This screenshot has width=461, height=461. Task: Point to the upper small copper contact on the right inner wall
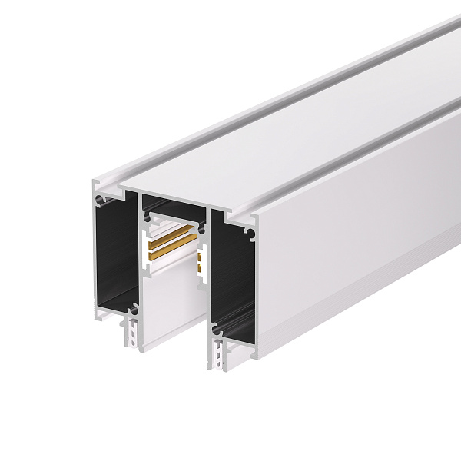pos(202,257)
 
